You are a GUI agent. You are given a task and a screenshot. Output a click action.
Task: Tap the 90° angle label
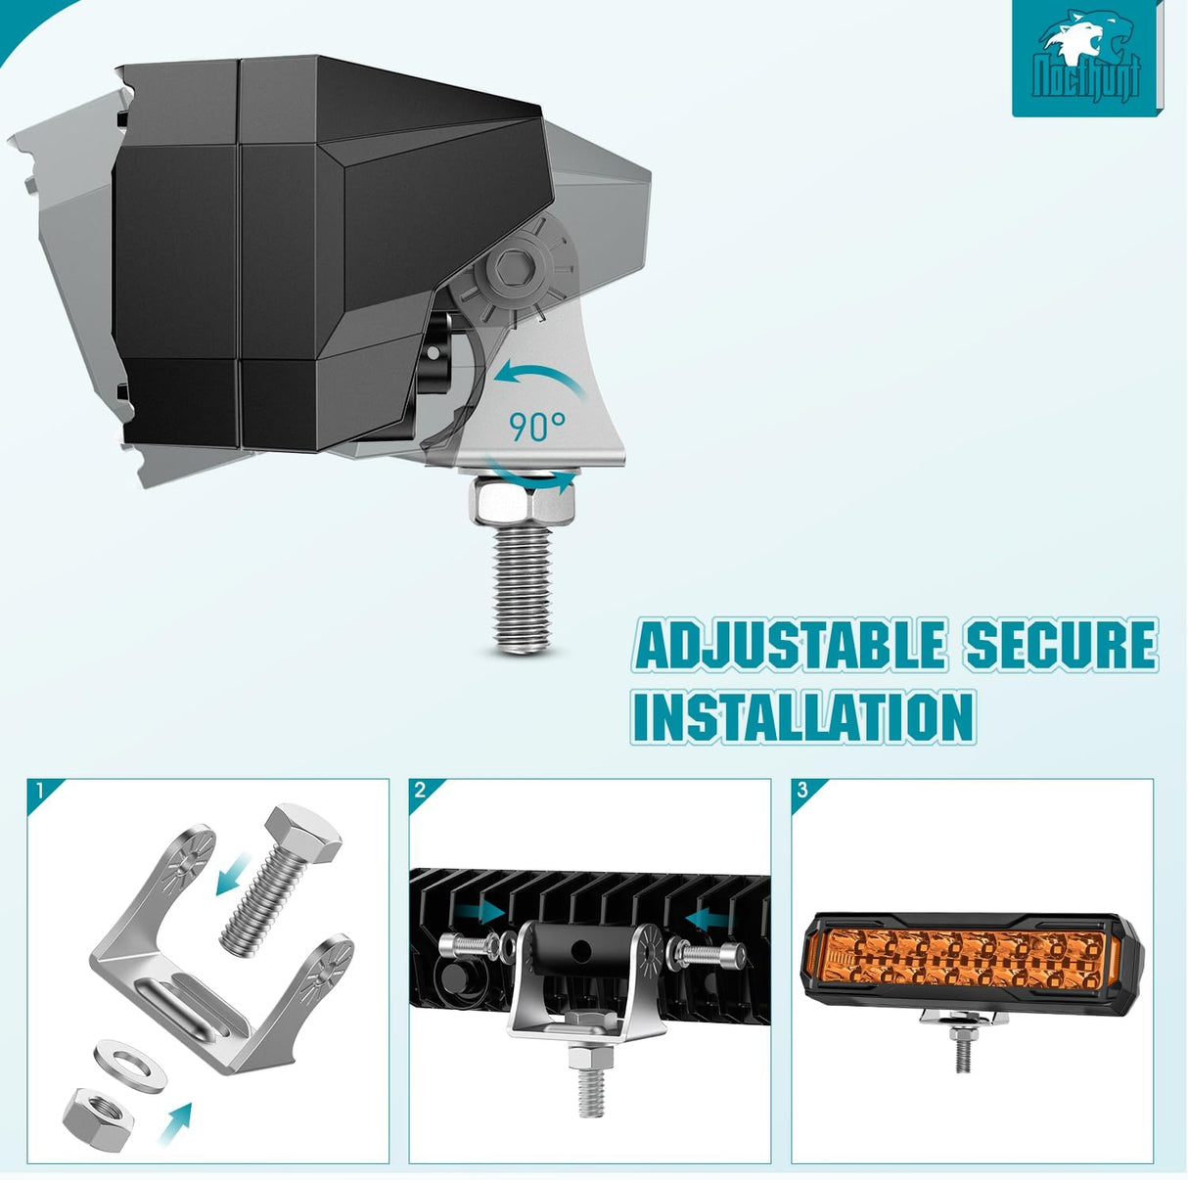(537, 427)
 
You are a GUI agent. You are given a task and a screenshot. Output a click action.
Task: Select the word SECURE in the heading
(1062, 645)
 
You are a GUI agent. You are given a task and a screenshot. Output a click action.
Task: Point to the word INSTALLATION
(802, 716)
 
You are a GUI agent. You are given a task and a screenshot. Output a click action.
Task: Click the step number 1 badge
(40, 791)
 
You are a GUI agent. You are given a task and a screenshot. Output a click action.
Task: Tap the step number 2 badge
(421, 791)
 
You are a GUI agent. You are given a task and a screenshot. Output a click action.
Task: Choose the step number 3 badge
(802, 791)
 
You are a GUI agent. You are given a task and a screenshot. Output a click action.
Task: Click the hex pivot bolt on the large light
(513, 267)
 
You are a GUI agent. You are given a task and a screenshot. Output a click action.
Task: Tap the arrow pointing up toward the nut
(176, 1122)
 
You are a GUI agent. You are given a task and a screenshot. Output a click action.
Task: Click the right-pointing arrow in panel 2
(481, 911)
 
